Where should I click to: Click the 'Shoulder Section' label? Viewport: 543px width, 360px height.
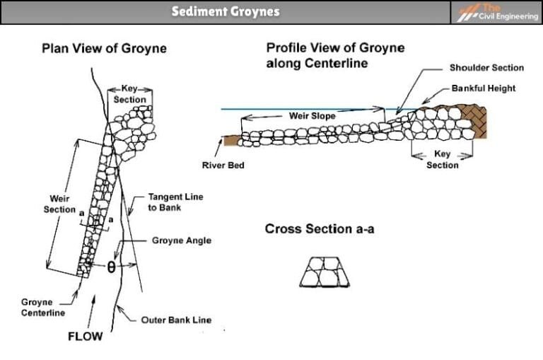[486, 68]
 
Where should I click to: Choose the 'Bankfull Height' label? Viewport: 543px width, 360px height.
[484, 88]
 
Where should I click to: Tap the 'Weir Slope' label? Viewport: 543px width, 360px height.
[312, 115]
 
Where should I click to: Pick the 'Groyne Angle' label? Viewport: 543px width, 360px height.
[181, 240]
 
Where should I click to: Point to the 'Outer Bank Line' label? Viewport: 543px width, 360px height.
[176, 320]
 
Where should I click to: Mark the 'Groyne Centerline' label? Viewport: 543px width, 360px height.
[43, 307]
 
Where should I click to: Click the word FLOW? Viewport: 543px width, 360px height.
[85, 337]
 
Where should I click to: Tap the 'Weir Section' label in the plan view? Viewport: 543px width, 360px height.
[59, 204]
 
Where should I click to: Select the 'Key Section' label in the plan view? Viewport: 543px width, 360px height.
[130, 95]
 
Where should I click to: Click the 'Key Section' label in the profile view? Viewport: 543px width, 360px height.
[442, 160]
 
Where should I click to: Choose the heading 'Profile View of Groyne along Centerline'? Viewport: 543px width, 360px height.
[335, 55]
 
